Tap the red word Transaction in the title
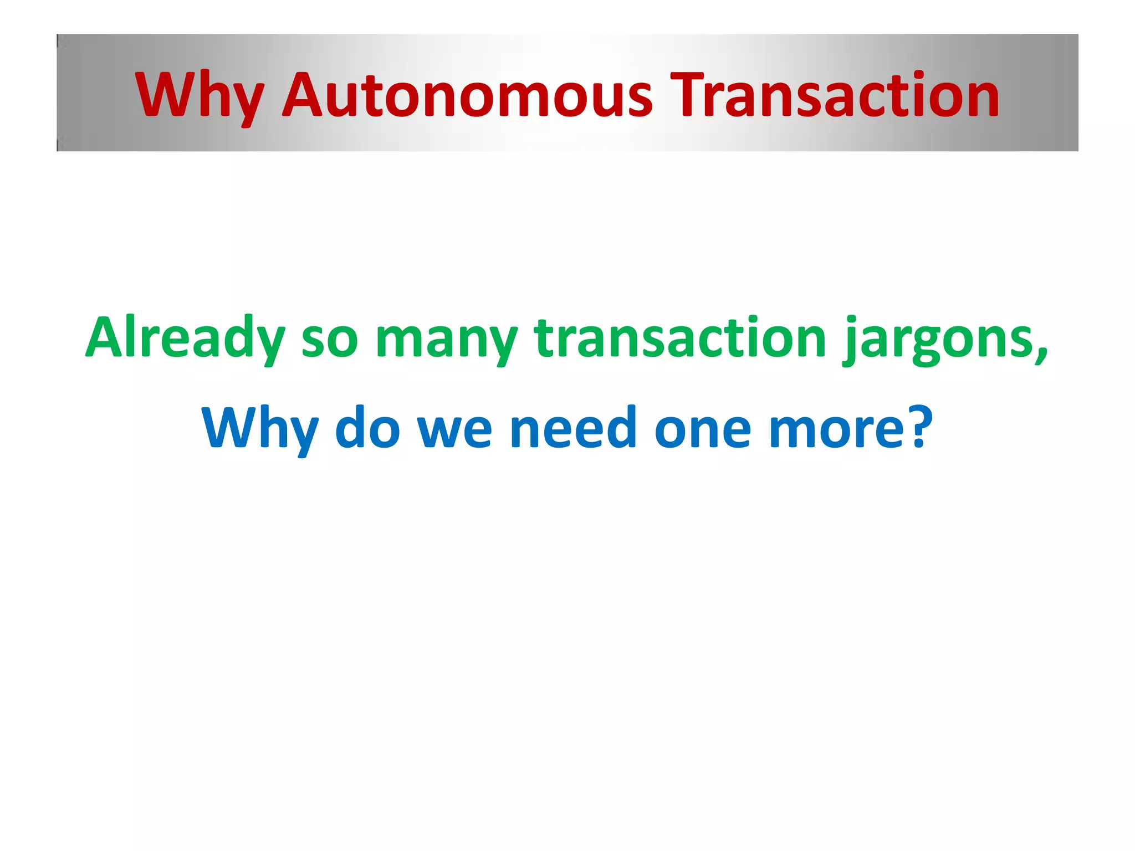[834, 96]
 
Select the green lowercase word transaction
[680, 338]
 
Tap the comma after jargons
[1042, 355]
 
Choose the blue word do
[367, 428]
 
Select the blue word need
[573, 428]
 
